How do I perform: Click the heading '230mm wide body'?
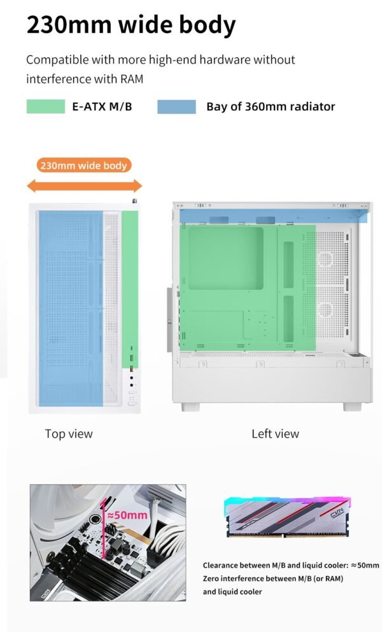tap(131, 25)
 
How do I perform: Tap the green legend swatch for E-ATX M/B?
tap(45, 106)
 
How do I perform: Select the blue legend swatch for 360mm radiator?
tap(176, 106)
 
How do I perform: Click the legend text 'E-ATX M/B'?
tap(103, 106)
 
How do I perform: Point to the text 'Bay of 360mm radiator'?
tap(271, 106)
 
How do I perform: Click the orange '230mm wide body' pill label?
tap(84, 166)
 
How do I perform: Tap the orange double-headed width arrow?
tap(84, 185)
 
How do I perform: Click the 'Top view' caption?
tap(69, 434)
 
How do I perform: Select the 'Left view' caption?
tap(275, 434)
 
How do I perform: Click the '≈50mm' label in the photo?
tap(127, 515)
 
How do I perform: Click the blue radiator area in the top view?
tap(70, 306)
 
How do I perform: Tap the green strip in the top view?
tap(130, 287)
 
